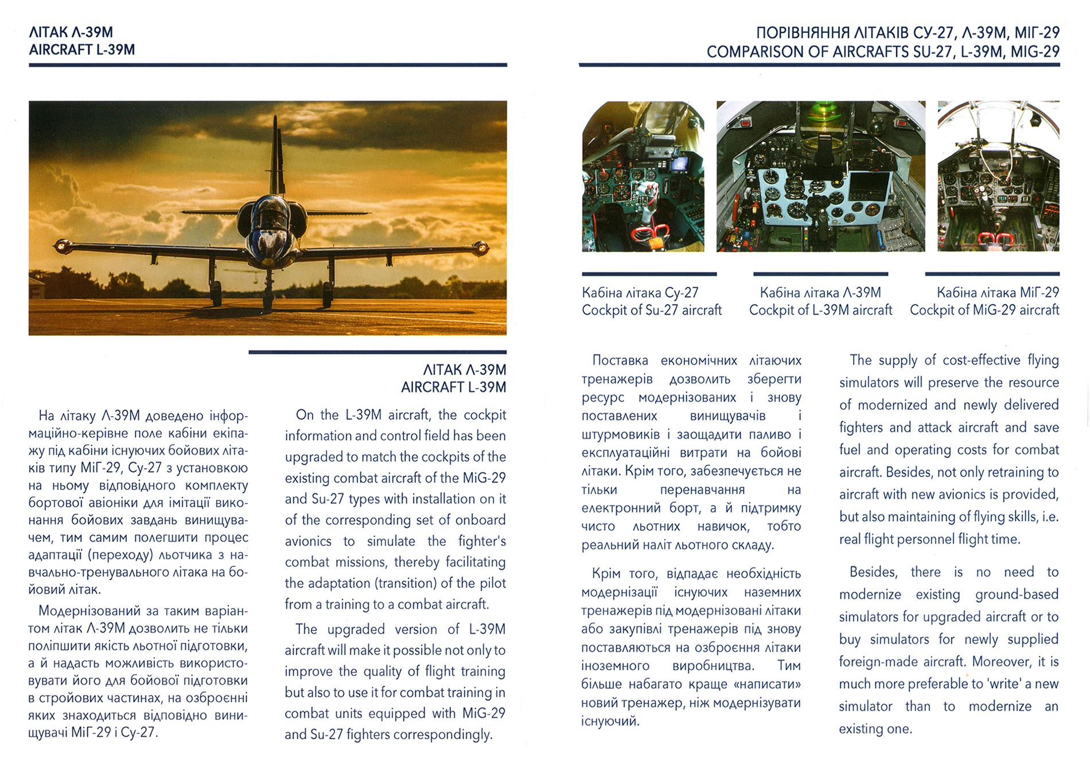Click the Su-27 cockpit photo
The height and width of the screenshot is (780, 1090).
click(x=643, y=176)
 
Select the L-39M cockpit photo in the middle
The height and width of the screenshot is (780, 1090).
click(x=820, y=176)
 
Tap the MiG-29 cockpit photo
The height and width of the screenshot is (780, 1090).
click(x=998, y=176)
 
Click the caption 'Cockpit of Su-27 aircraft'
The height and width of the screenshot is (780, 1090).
click(x=652, y=311)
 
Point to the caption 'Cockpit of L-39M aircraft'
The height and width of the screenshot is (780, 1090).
click(x=820, y=311)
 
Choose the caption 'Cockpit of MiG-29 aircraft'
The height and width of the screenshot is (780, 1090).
click(x=984, y=311)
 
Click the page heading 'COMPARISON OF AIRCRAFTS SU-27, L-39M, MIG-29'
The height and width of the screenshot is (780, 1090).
click(x=883, y=52)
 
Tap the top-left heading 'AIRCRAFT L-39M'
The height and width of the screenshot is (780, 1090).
click(x=82, y=50)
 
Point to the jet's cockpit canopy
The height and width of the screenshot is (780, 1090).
click(x=269, y=214)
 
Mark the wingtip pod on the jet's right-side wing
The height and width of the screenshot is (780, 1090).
click(x=480, y=248)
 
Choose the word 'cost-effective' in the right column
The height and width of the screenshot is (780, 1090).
click(x=982, y=360)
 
